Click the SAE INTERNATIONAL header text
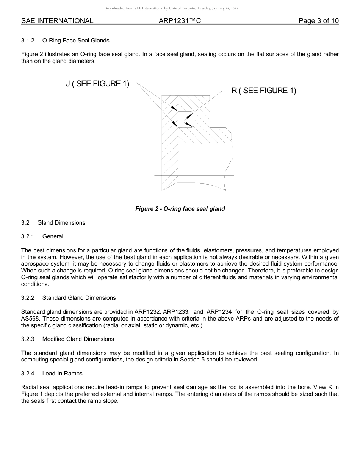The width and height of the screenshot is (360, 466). click(57, 21)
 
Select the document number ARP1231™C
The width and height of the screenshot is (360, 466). click(180, 21)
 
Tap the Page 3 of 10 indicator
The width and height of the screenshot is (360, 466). click(318, 21)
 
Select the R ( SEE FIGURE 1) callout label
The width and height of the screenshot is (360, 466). click(264, 91)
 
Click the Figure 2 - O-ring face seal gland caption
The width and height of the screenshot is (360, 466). click(180, 209)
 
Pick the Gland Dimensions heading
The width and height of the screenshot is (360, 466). click(61, 223)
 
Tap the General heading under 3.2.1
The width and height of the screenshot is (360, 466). click(53, 236)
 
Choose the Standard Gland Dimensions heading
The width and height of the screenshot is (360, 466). click(79, 298)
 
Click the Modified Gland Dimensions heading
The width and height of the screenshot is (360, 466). click(78, 339)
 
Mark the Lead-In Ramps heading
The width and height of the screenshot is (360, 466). click(62, 374)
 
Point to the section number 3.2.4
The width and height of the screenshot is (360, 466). click(28, 374)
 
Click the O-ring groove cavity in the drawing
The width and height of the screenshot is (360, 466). click(186, 119)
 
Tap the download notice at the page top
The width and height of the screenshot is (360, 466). click(171, 8)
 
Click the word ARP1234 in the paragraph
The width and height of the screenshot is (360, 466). click(220, 312)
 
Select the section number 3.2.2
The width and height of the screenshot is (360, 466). click(28, 298)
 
